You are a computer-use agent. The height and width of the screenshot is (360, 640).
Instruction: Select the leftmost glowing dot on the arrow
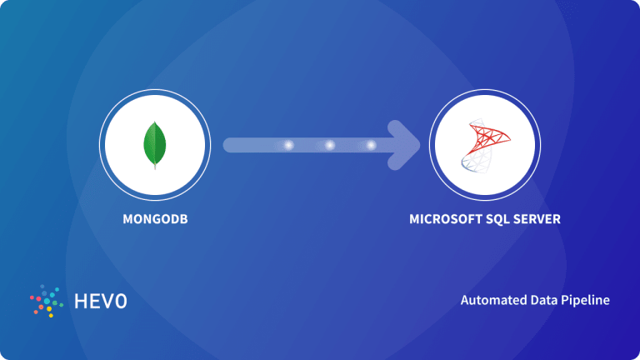(289, 145)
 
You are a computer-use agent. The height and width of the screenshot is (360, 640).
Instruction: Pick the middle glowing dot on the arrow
(330, 145)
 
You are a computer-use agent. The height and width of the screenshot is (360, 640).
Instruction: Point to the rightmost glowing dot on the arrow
(371, 145)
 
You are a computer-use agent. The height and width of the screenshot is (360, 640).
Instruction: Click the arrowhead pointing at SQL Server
(406, 145)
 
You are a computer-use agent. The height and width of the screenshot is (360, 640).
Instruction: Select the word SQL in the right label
(501, 220)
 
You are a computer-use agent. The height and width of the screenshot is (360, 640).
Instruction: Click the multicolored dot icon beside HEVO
(45, 302)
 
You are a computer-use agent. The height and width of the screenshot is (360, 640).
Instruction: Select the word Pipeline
(584, 300)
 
